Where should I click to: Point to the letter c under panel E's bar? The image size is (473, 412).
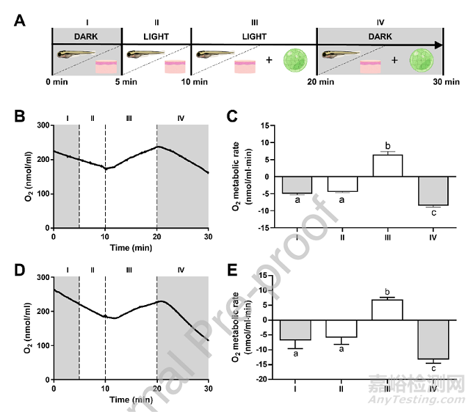(433, 368)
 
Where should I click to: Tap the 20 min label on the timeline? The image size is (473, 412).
(316, 82)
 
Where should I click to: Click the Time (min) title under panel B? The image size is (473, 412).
(131, 247)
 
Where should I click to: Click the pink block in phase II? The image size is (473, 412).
(175, 67)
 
